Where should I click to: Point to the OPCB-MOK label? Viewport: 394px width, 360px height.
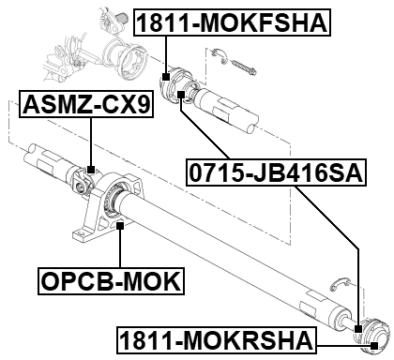click(112, 280)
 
